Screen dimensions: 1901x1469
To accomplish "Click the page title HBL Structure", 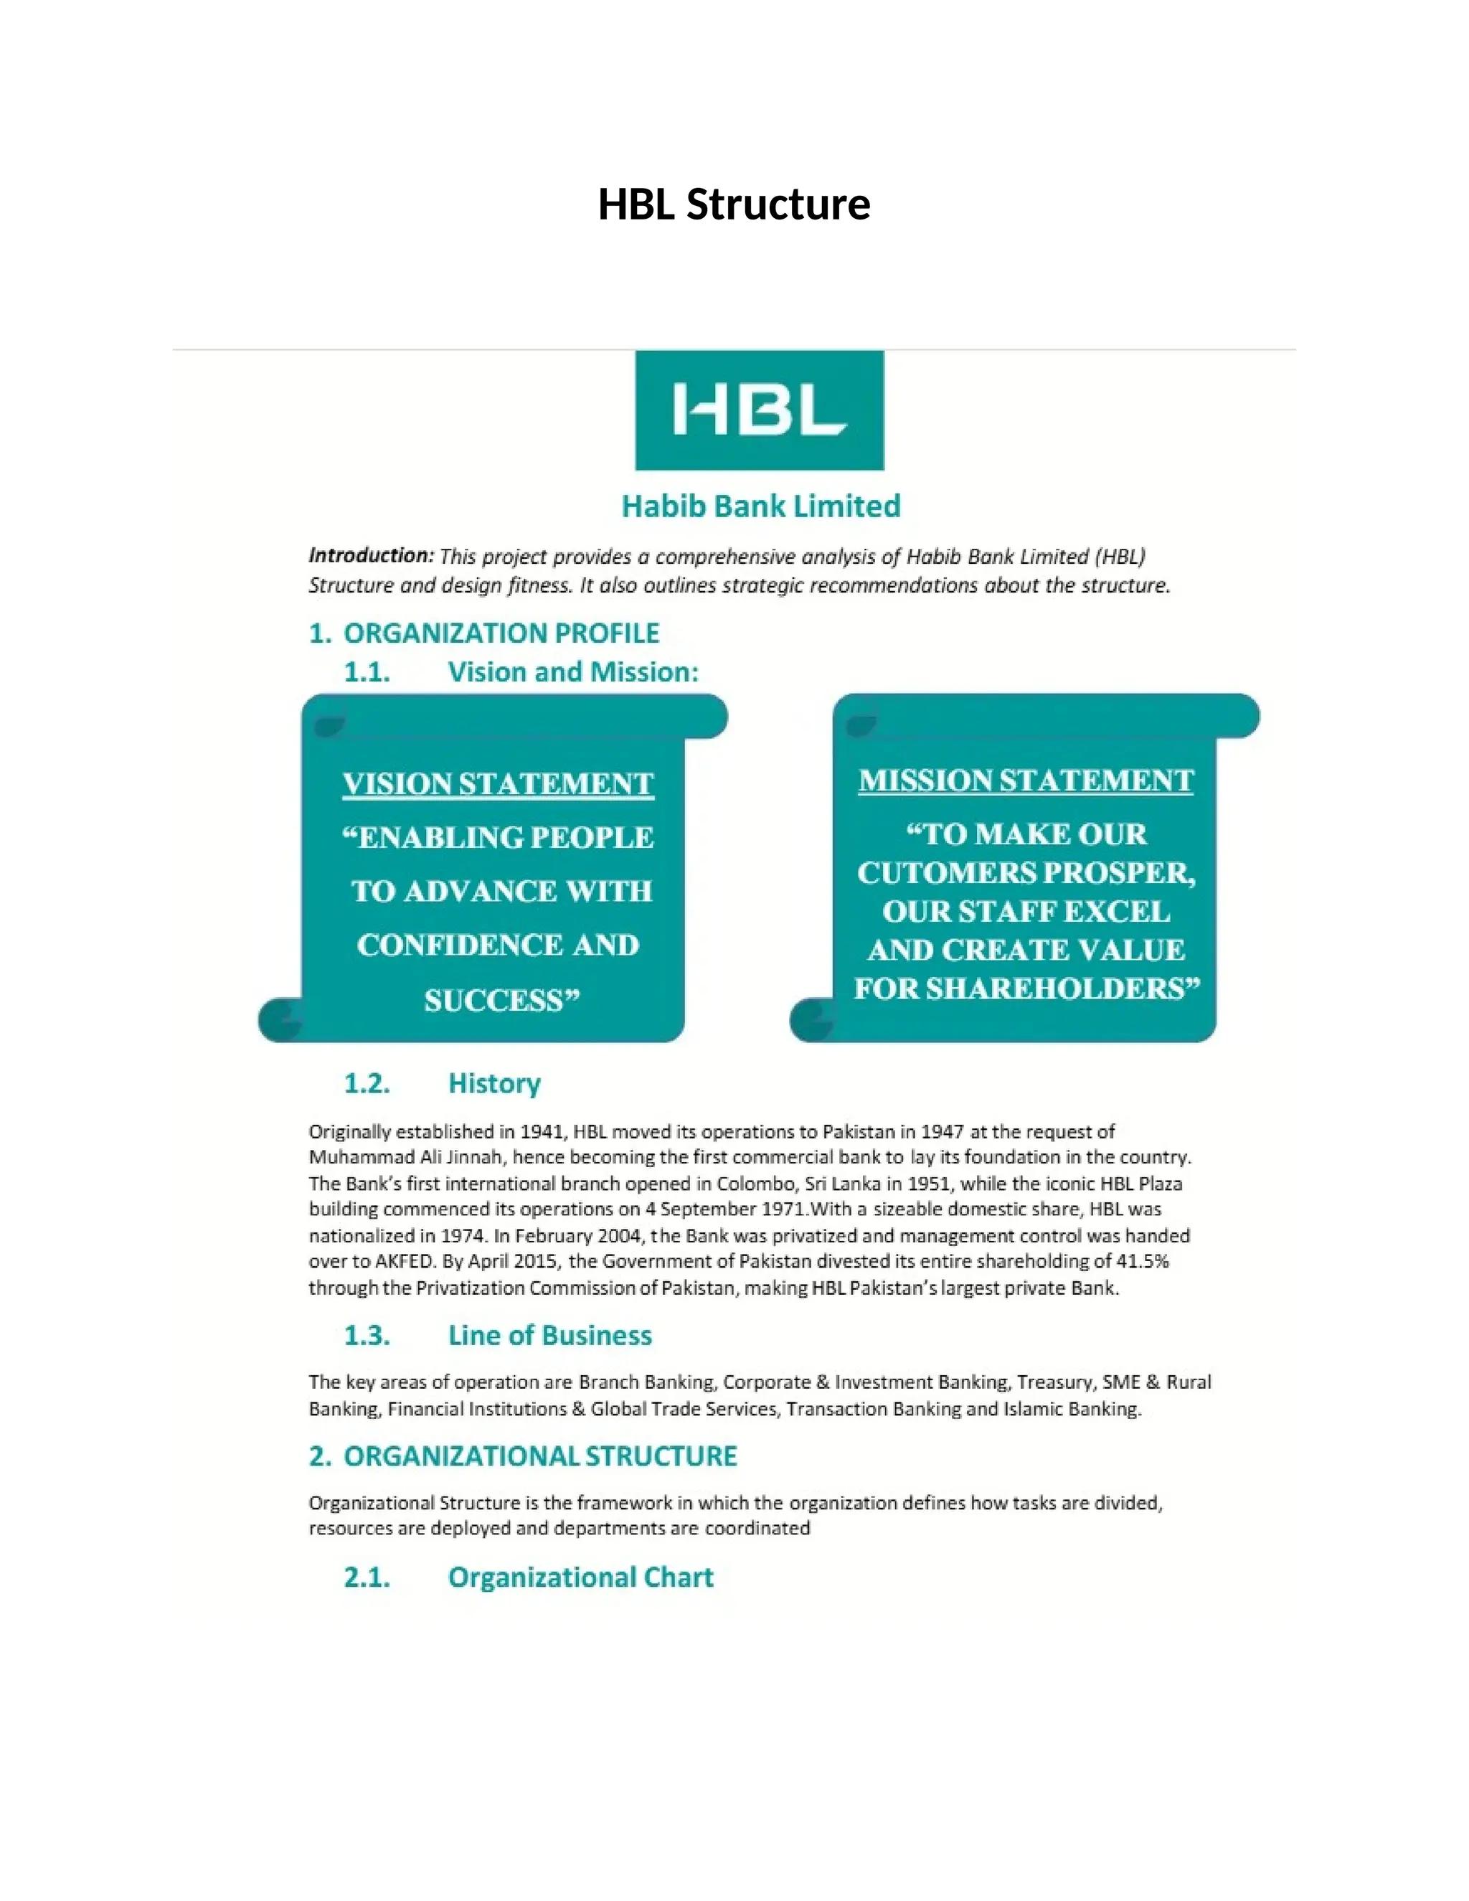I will point(734,204).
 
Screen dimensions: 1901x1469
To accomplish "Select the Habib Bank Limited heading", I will point(760,506).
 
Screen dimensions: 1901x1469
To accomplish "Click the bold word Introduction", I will point(371,555).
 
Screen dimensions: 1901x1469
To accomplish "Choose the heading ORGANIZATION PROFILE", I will point(501,633).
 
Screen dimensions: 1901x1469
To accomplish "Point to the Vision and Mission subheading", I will point(572,672).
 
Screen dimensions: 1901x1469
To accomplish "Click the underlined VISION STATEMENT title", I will point(498,783).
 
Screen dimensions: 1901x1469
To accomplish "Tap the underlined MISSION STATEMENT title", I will point(1025,780).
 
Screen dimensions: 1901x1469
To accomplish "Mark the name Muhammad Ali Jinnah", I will point(405,1157).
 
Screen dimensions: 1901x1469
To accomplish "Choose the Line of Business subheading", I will point(549,1335).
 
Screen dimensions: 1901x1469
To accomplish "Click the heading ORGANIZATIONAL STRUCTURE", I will point(539,1456).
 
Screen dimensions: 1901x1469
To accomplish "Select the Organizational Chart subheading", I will point(580,1577).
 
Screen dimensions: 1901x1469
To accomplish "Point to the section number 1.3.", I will point(367,1335).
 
